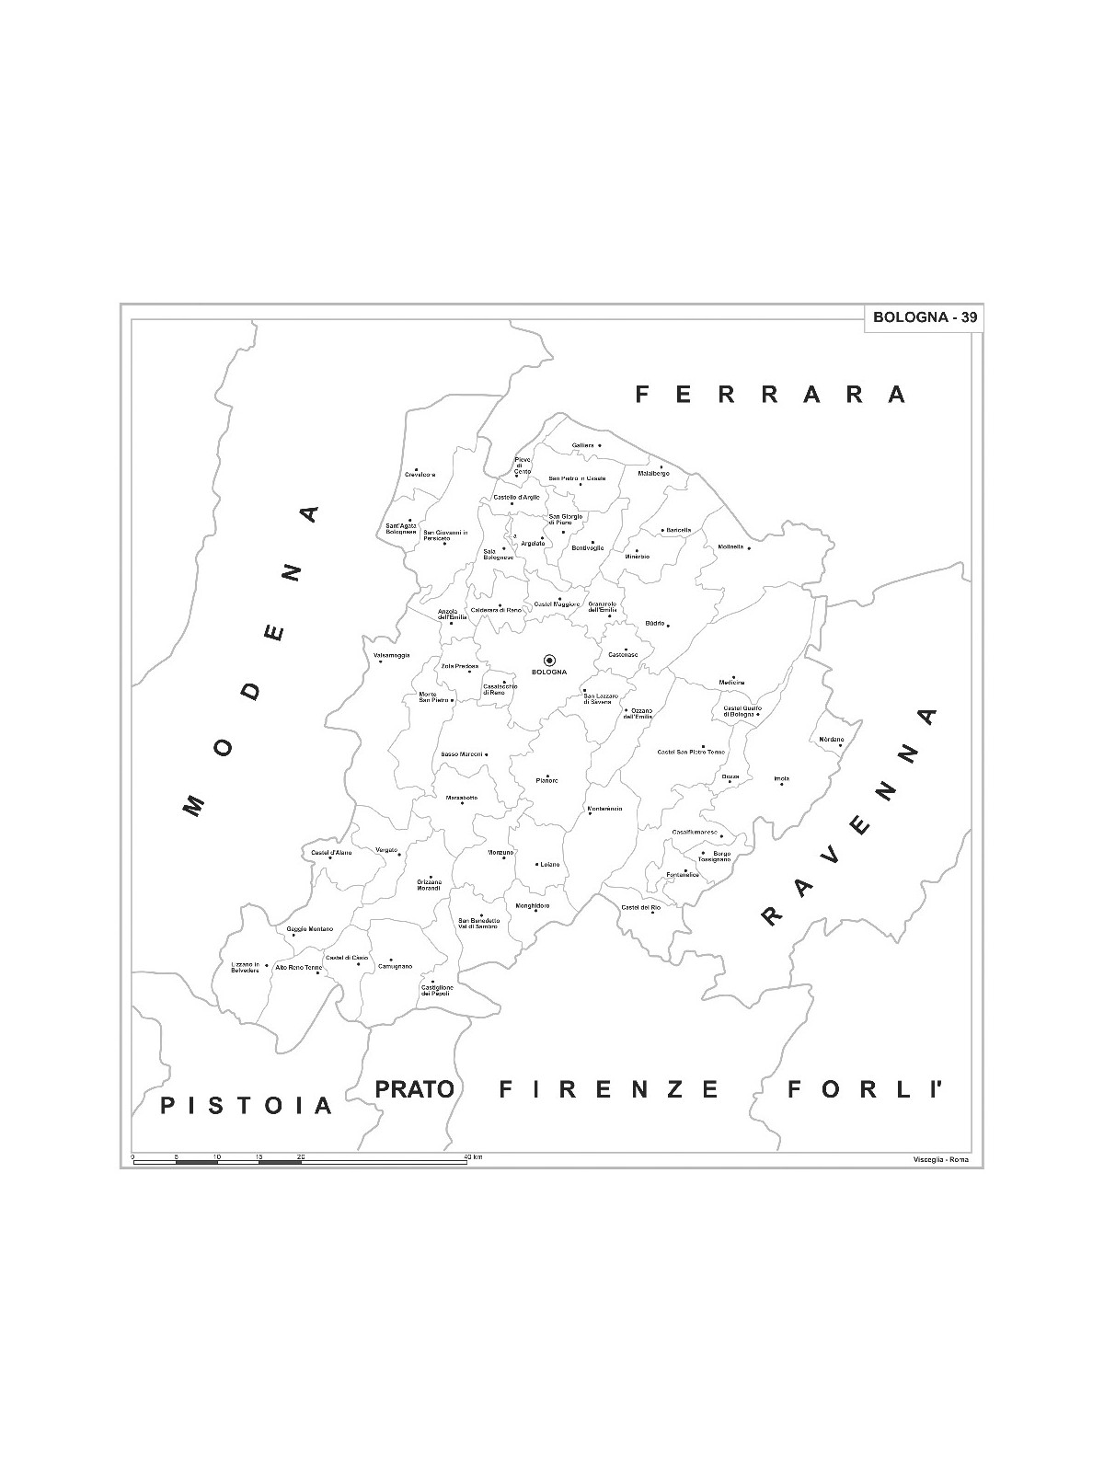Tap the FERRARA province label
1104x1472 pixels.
click(x=771, y=395)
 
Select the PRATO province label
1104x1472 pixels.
click(x=415, y=1089)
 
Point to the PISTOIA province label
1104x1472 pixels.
click(x=246, y=1104)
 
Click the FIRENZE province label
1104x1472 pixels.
click(x=608, y=1090)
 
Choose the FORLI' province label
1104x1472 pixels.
click(x=867, y=1090)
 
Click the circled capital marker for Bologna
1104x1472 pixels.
click(x=549, y=660)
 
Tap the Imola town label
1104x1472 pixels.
click(x=781, y=779)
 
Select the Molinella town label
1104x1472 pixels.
click(x=730, y=547)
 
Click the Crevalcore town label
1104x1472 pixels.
click(x=420, y=475)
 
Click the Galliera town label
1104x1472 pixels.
click(x=582, y=445)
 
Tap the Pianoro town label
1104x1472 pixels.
click(x=546, y=781)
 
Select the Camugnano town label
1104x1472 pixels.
click(x=395, y=967)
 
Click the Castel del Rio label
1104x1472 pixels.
click(x=640, y=908)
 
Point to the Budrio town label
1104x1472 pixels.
click(x=655, y=624)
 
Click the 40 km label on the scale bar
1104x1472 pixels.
click(x=473, y=1156)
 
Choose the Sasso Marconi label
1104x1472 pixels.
click(x=462, y=754)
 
